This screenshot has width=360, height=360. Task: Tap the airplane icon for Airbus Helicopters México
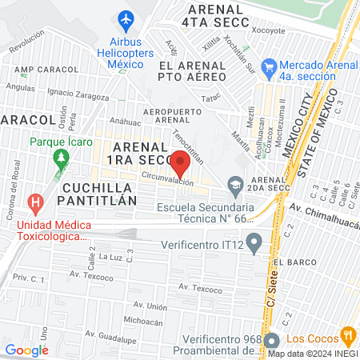pyautogui.click(x=126, y=18)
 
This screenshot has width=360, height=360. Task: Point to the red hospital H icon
pyautogui.click(x=35, y=204)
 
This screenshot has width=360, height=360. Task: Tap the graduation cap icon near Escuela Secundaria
pyautogui.click(x=234, y=188)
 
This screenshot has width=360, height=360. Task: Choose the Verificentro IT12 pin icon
pyautogui.click(x=254, y=241)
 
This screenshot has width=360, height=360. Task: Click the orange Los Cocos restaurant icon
pyautogui.click(x=346, y=334)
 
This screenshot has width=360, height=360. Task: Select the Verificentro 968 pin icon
pyautogui.click(x=271, y=341)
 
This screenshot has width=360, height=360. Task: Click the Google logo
pyautogui.click(x=26, y=350)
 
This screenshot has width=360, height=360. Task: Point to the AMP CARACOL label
pyautogui.click(x=49, y=70)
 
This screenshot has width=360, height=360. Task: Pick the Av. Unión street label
pyautogui.click(x=150, y=305)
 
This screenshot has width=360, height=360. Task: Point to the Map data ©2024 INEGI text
pyautogui.click(x=311, y=353)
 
